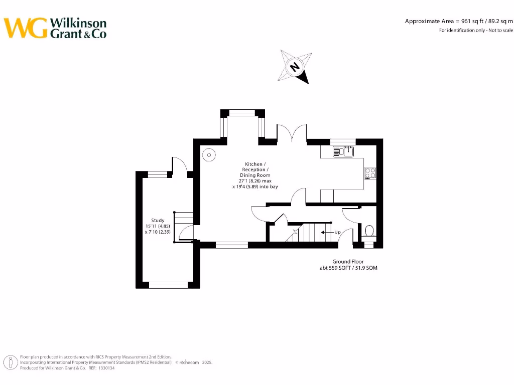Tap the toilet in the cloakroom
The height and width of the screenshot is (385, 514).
pyautogui.click(x=369, y=232)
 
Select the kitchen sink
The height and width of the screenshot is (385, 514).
pyautogui.click(x=344, y=150)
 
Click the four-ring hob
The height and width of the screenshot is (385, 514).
pyautogui.click(x=370, y=172)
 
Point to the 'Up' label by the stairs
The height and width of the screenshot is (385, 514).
pyautogui.click(x=337, y=232)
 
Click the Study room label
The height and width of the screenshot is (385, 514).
pyautogui.click(x=158, y=220)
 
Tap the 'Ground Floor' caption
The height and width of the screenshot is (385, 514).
pyautogui.click(x=348, y=262)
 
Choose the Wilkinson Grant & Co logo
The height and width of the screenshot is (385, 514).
pyautogui.click(x=56, y=28)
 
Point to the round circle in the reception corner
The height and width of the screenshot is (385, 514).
pyautogui.click(x=208, y=154)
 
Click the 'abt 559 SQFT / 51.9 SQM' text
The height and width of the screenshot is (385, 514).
pyautogui.click(x=348, y=268)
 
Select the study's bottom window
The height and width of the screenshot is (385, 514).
pyautogui.click(x=168, y=285)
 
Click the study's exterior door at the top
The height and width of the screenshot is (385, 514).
pyautogui.click(x=179, y=165)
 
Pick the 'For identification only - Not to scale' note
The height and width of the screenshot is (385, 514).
pyautogui.click(x=476, y=30)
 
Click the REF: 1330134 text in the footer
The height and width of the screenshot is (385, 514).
pyautogui.click(x=101, y=368)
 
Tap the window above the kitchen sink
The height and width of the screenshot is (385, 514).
pyautogui.click(x=343, y=141)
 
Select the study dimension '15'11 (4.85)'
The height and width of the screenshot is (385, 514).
pyautogui.click(x=158, y=226)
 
